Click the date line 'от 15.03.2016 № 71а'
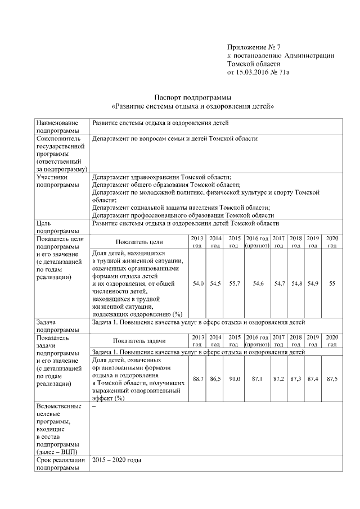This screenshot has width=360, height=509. (x=262, y=73)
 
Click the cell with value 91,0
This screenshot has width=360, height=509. (x=235, y=379)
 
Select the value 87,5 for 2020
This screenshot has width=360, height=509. (x=332, y=379)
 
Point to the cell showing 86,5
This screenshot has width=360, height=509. (x=215, y=379)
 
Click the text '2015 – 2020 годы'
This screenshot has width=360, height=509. (x=117, y=460)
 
